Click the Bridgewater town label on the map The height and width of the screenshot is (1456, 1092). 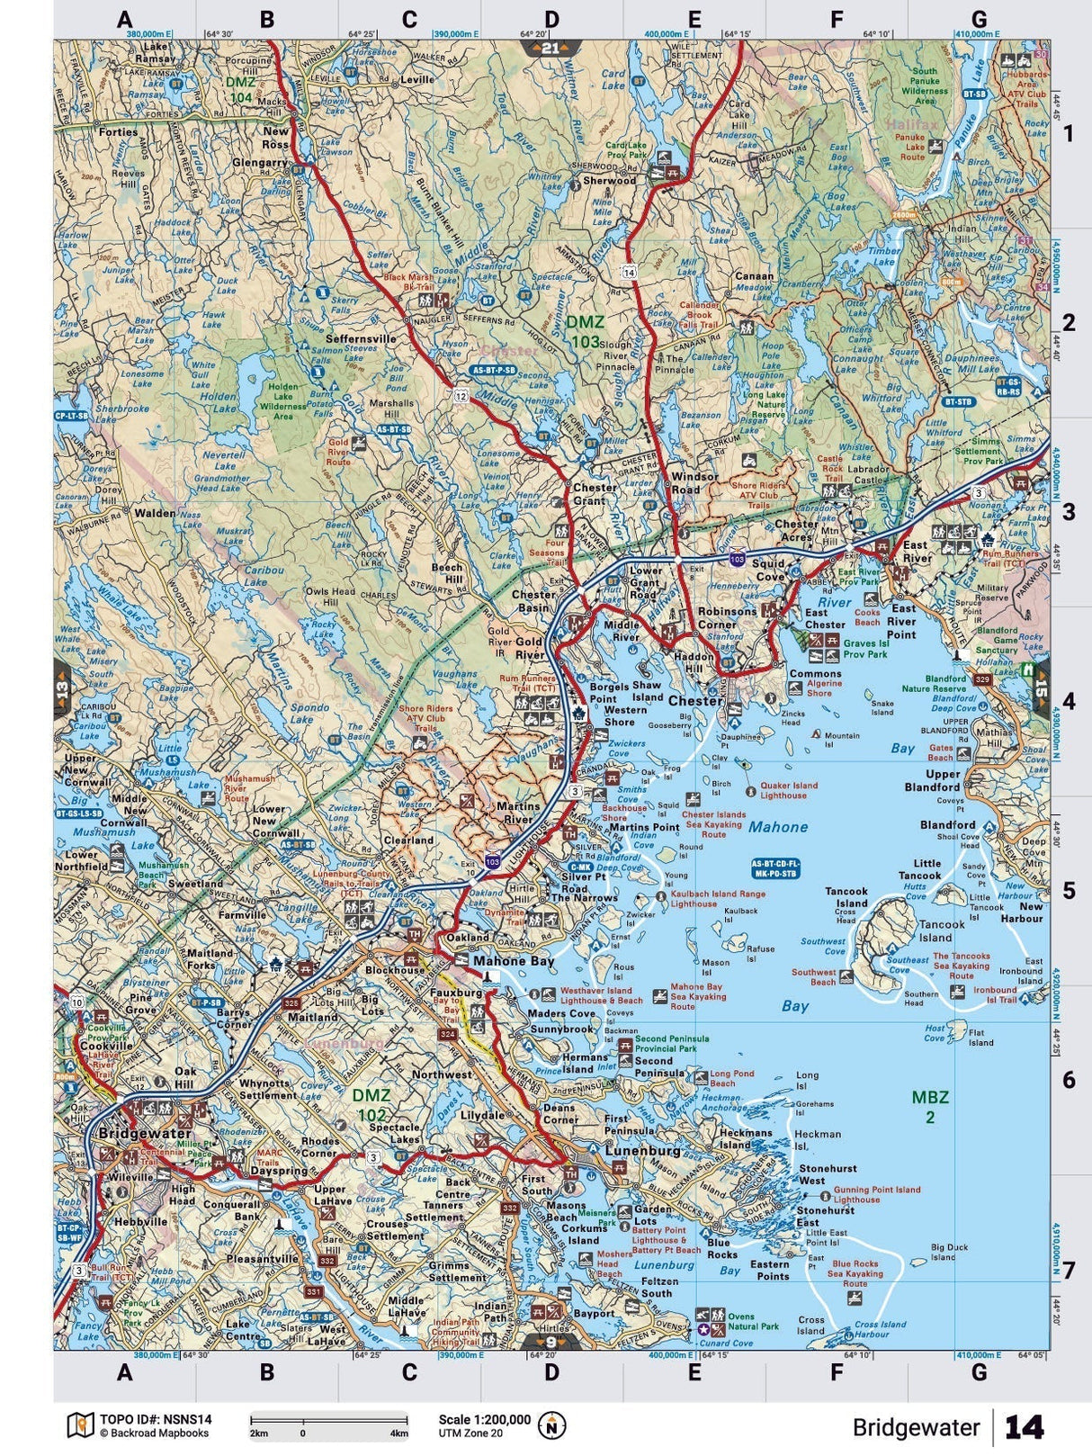click(145, 1133)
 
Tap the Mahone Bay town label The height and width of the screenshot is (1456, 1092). click(514, 960)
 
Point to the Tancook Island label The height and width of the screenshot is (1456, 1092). click(942, 930)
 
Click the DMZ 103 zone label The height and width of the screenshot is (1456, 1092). click(586, 331)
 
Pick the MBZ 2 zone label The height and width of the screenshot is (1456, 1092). click(930, 1106)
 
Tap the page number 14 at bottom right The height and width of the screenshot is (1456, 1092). click(1024, 1427)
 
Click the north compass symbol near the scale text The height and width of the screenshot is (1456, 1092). click(551, 1425)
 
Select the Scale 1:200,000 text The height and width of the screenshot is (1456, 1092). click(484, 1419)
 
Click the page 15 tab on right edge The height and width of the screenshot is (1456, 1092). click(1041, 691)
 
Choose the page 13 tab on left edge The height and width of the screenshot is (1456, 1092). click(62, 691)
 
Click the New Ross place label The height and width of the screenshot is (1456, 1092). click(276, 138)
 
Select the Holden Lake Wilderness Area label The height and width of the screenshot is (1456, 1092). click(283, 401)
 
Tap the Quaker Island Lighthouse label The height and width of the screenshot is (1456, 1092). click(789, 790)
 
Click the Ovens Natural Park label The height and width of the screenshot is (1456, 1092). click(753, 1320)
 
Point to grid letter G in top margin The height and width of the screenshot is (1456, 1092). click(979, 19)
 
